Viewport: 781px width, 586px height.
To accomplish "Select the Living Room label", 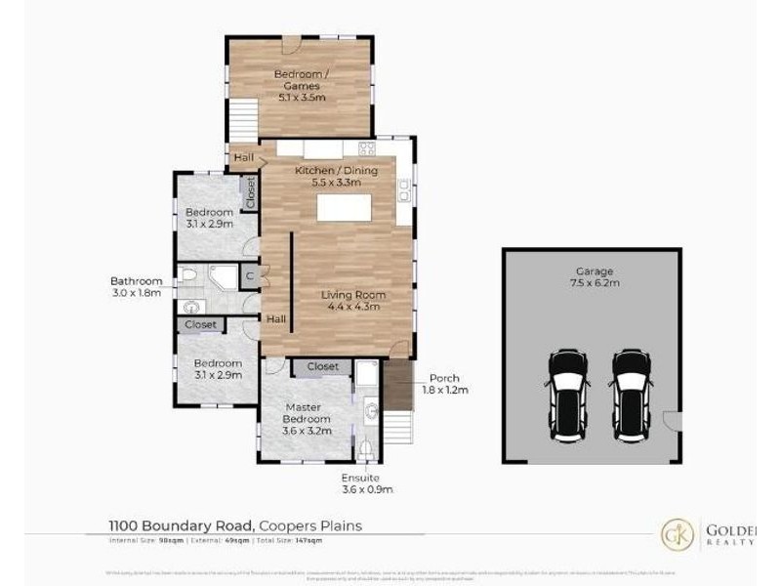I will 353,301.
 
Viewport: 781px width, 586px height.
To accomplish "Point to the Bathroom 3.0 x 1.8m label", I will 136,286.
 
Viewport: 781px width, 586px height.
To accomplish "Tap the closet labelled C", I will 250,275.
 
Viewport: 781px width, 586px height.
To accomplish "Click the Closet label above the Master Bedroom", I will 322,367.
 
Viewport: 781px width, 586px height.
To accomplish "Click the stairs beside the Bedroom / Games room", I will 244,119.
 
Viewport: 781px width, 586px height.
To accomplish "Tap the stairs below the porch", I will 396,428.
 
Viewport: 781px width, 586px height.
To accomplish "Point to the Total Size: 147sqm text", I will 291,539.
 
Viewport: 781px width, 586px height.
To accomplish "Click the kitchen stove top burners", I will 367,149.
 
